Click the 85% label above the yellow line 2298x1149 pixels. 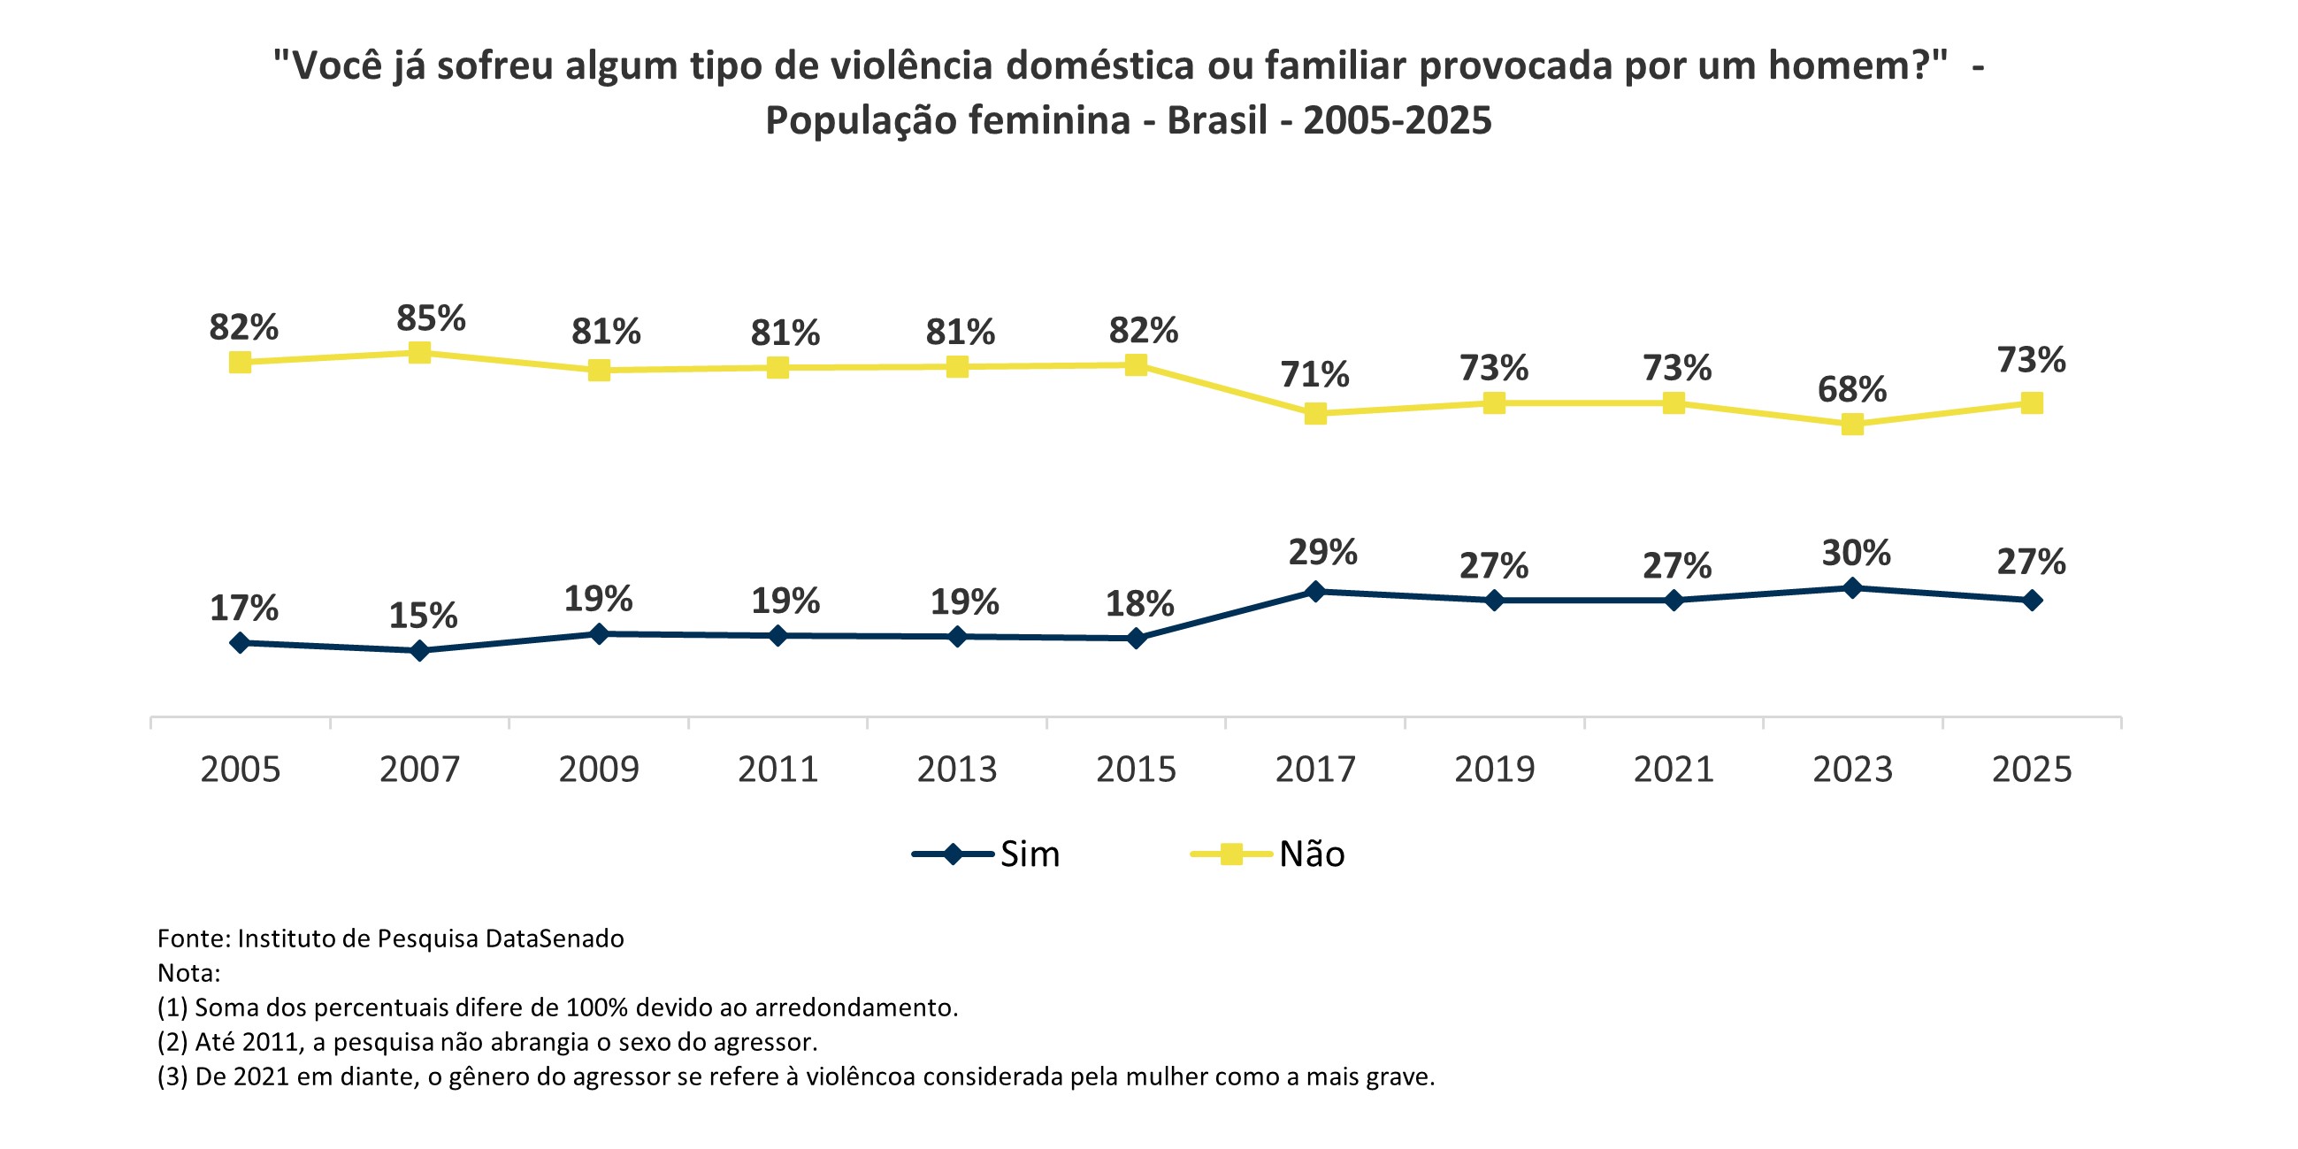pyautogui.click(x=431, y=318)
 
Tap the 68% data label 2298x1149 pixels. pyautogui.click(x=1852, y=390)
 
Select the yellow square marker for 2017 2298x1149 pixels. pyautogui.click(x=1315, y=413)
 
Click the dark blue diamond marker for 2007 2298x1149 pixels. pyautogui.click(x=419, y=651)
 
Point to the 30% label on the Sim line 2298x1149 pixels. pyautogui.click(x=1856, y=553)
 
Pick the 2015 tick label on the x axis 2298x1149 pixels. pyautogui.click(x=1136, y=769)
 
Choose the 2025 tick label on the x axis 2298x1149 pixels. pyautogui.click(x=2031, y=769)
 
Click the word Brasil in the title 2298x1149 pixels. pyautogui.click(x=1217, y=120)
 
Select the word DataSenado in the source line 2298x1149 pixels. pyautogui.click(x=554, y=938)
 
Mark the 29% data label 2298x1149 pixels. pyautogui.click(x=1322, y=552)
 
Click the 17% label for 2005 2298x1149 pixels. pyautogui.click(x=243, y=609)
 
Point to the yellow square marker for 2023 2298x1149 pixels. pyautogui.click(x=1852, y=425)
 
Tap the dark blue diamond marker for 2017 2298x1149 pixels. pyautogui.click(x=1315, y=592)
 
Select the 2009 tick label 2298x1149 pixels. pyautogui.click(x=599, y=769)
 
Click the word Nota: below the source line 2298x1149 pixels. pyautogui.click(x=188, y=973)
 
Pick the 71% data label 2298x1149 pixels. pyautogui.click(x=1315, y=375)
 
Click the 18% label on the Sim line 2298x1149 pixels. pyautogui.click(x=1139, y=604)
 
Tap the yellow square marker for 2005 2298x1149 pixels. pyautogui.click(x=240, y=362)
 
